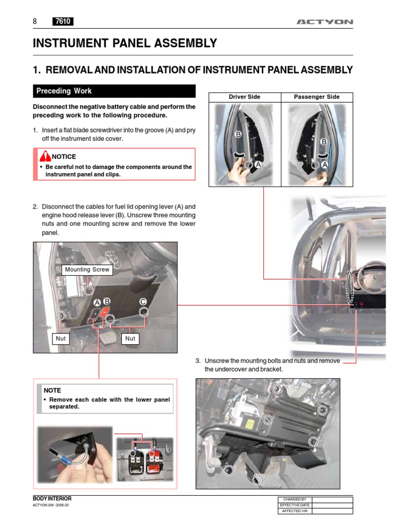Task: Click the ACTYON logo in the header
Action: click(325, 22)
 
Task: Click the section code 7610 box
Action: click(63, 22)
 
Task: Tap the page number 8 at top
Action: click(35, 22)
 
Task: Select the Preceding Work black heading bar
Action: click(114, 91)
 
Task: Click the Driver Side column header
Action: click(244, 97)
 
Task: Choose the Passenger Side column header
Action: click(316, 97)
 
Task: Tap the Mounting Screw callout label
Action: click(87, 270)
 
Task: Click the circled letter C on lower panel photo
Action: click(143, 302)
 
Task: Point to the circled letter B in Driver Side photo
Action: click(238, 135)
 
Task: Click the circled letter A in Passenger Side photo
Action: click(325, 165)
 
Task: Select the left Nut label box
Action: click(61, 339)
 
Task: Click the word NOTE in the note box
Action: click(52, 390)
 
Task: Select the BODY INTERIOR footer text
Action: click(52, 499)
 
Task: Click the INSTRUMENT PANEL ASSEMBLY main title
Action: click(125, 44)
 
